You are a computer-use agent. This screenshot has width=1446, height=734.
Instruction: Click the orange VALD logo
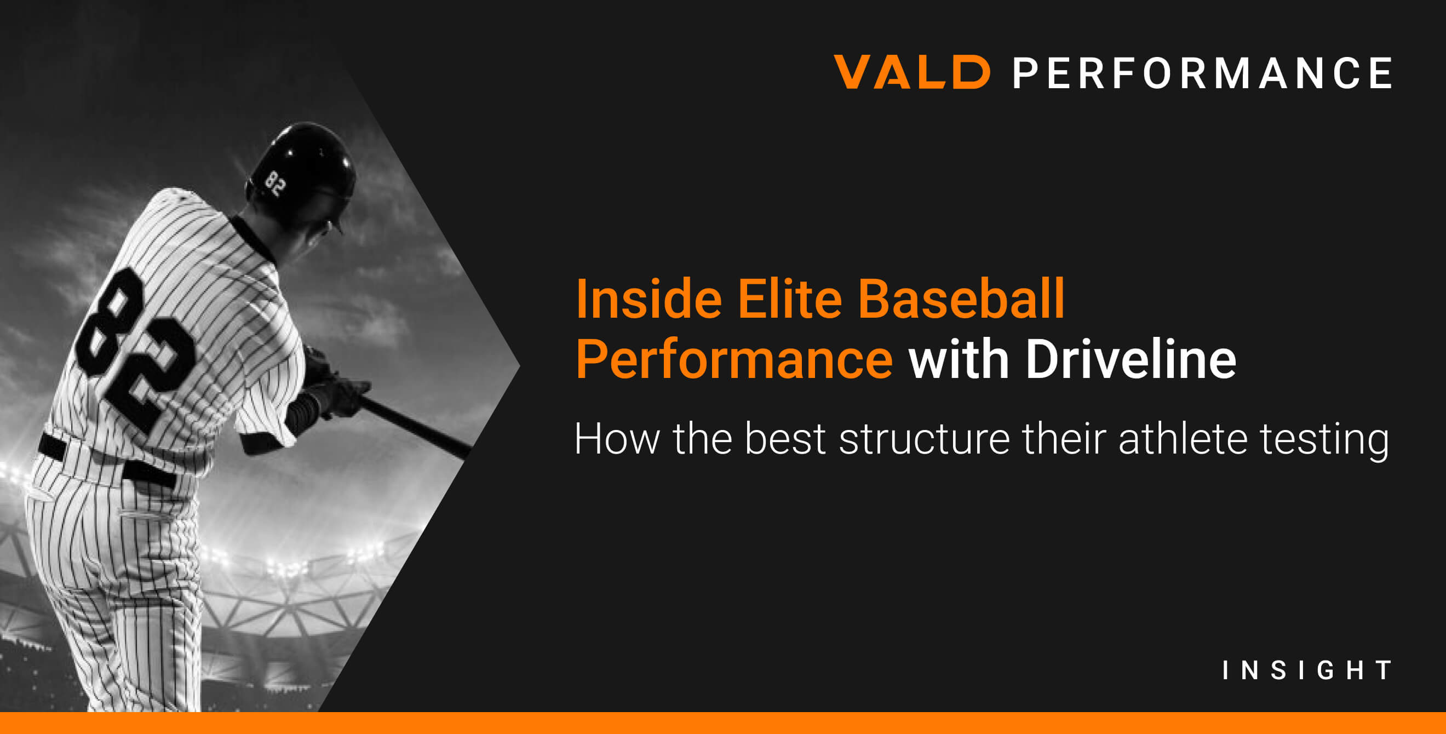point(911,72)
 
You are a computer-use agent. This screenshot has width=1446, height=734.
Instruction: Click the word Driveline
point(1131,360)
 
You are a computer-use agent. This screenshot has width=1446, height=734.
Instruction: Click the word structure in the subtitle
point(924,439)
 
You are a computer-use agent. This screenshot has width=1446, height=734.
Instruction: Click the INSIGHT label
point(1307,670)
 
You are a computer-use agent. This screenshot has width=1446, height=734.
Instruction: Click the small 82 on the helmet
point(275,183)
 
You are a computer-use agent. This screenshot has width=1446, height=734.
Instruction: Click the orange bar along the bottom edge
point(723,723)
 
